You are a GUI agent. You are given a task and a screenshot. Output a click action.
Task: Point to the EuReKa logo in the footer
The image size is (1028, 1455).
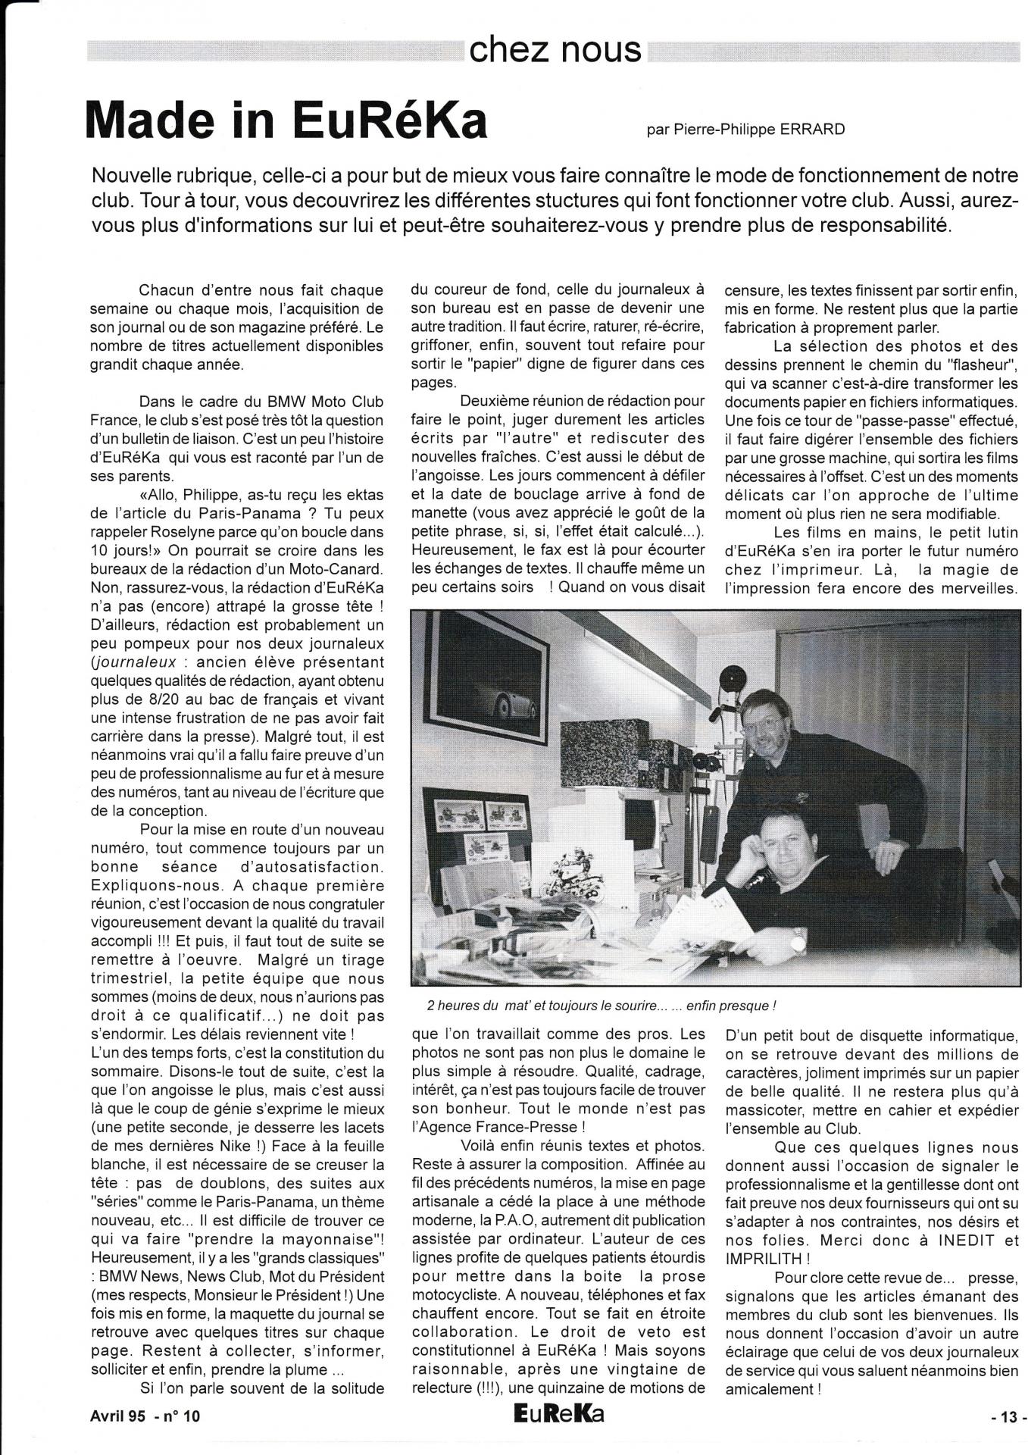point(558,1413)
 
